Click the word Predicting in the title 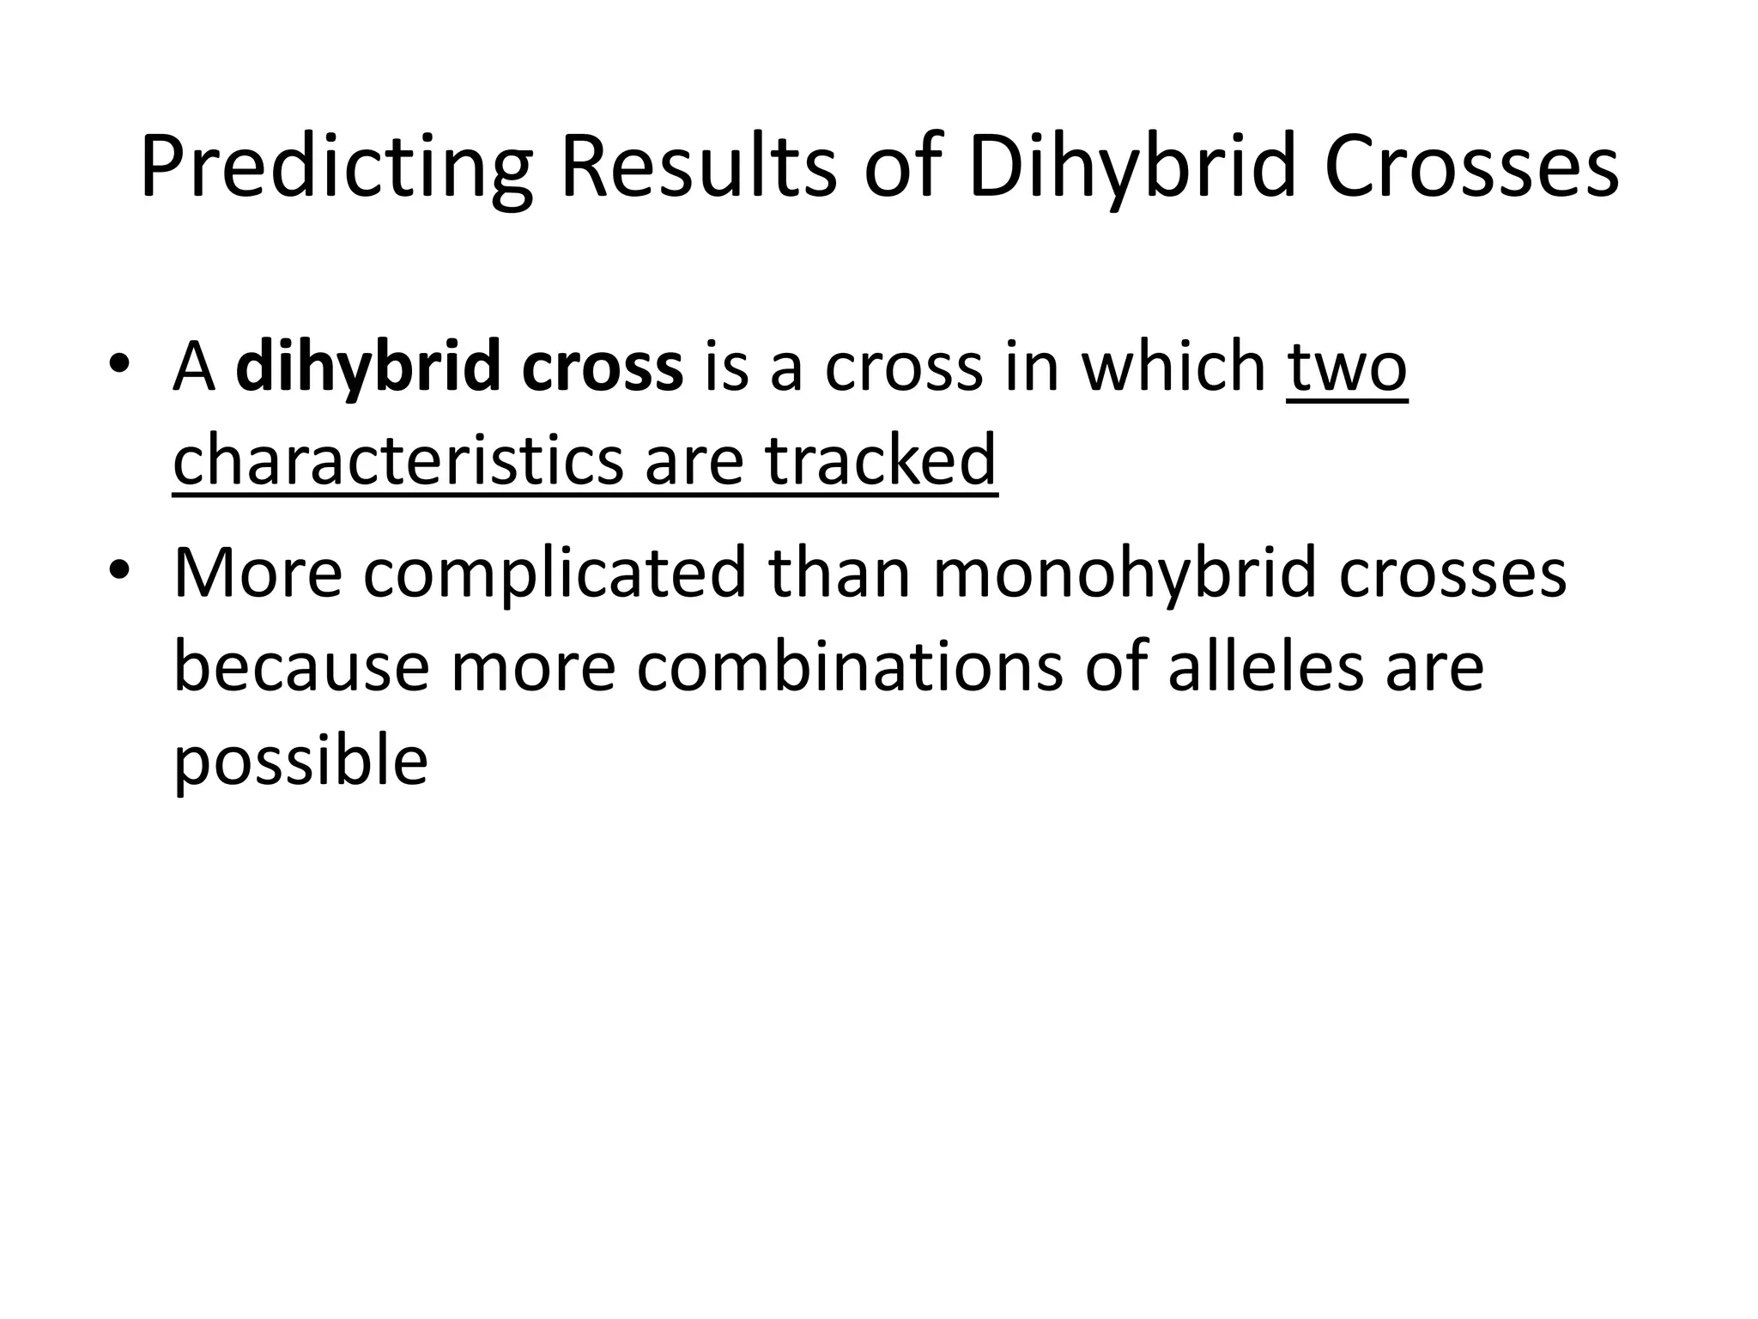point(336,169)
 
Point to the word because point(300,667)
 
